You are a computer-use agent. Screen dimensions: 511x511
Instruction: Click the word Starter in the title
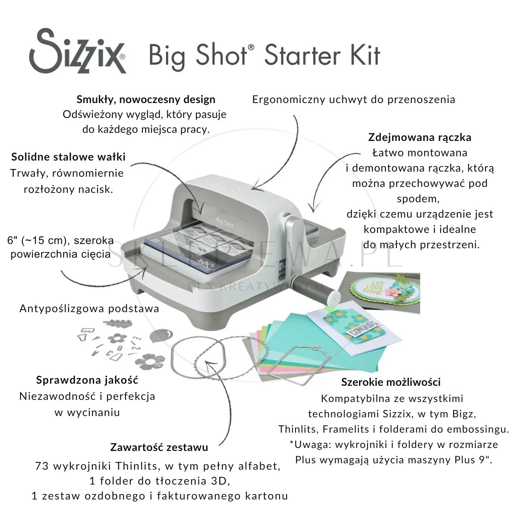[303, 55]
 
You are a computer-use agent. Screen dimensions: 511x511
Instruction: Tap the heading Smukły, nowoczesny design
[146, 100]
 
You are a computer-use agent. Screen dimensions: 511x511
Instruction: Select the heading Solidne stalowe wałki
[68, 157]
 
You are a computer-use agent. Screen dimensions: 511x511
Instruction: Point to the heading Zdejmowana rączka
[420, 138]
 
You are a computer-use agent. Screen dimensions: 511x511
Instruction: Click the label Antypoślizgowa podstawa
[89, 308]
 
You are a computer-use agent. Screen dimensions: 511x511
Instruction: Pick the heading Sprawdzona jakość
[87, 380]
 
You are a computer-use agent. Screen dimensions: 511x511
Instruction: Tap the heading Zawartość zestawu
[159, 448]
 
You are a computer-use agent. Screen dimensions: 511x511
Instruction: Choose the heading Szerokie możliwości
[391, 382]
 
